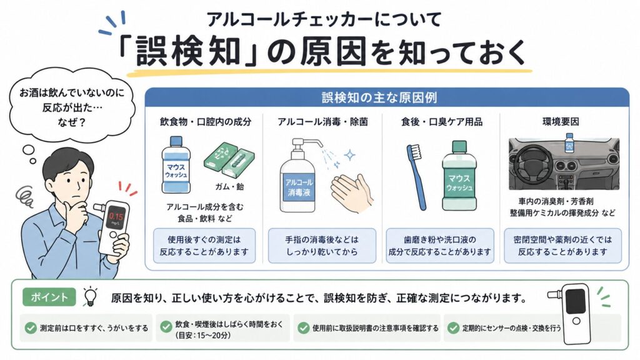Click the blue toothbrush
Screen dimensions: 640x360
click(417, 177)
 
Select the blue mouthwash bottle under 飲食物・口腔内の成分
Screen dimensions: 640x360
click(176, 165)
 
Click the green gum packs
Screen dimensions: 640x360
click(229, 159)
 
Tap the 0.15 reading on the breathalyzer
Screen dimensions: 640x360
click(116, 217)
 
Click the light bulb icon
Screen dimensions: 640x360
click(90, 296)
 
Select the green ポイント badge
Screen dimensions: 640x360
click(49, 297)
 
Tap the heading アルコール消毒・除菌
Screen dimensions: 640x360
click(322, 122)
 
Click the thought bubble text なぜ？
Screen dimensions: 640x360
click(72, 122)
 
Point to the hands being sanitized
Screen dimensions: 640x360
click(352, 193)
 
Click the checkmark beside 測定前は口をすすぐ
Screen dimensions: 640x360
click(31, 327)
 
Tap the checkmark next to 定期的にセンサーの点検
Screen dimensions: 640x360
click(454, 327)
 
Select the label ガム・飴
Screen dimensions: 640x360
click(229, 186)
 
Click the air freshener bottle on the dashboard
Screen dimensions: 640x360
click(569, 142)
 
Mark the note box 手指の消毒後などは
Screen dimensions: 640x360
click(322, 246)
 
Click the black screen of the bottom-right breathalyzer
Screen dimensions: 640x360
click(576, 301)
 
